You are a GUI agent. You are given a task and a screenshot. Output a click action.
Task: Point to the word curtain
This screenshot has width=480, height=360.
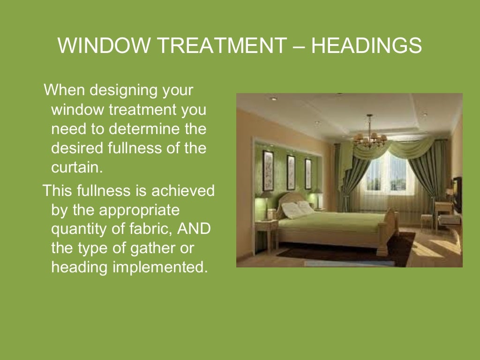tap(76, 167)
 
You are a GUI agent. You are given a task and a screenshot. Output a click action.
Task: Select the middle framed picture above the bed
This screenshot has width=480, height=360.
tap(291, 166)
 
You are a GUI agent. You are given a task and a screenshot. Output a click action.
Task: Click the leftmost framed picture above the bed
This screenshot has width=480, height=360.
tap(268, 165)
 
